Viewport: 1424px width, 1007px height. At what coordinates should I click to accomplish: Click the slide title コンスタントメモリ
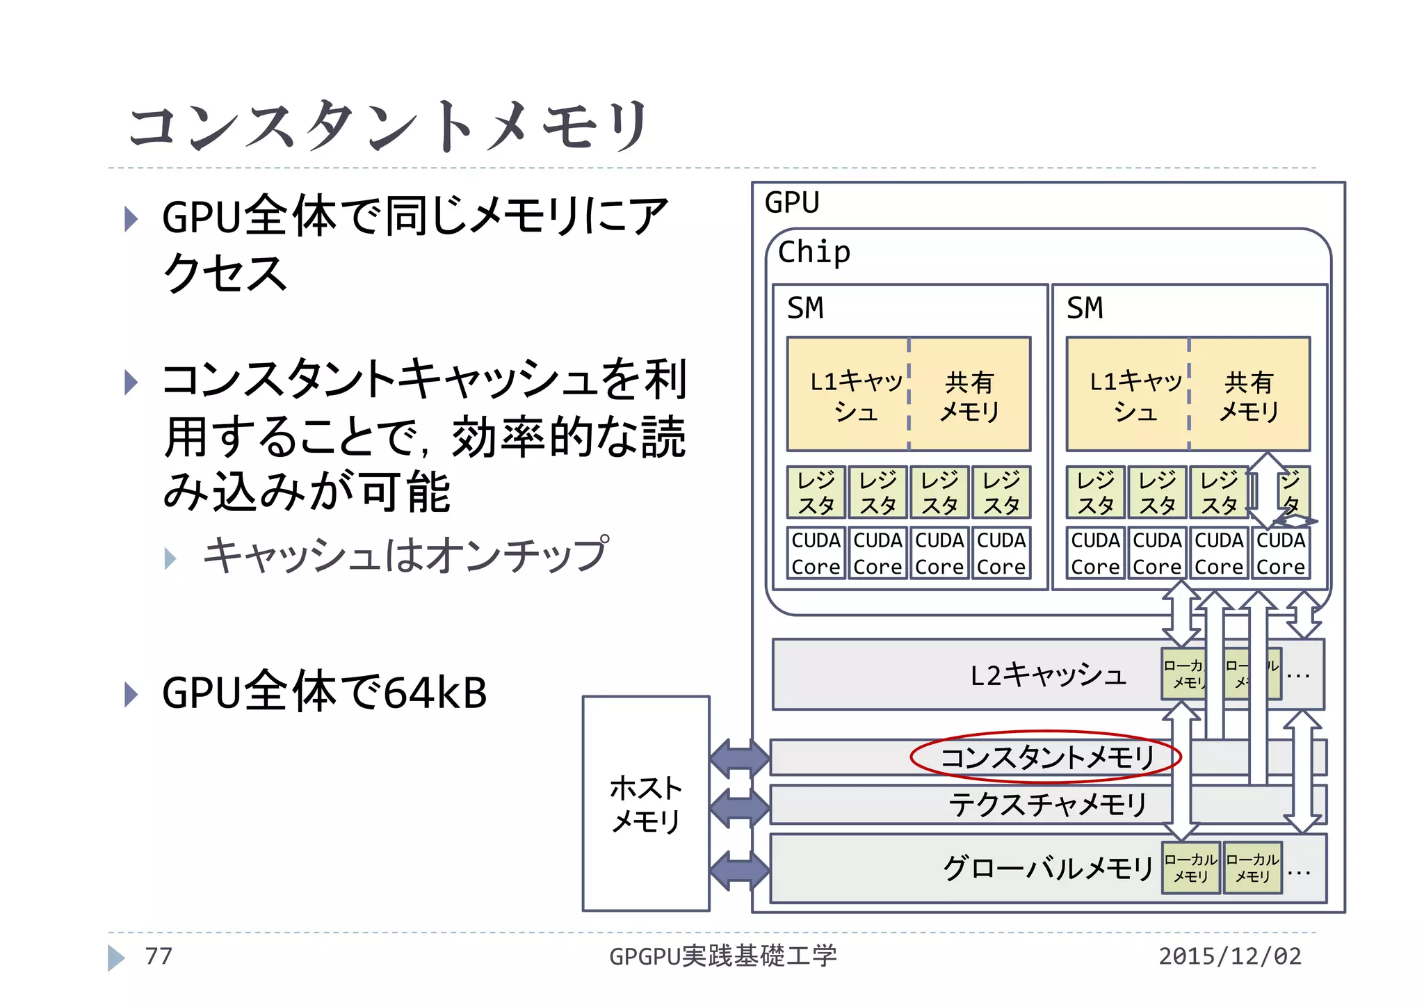click(x=389, y=125)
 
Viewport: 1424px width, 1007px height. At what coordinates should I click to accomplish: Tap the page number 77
click(x=158, y=956)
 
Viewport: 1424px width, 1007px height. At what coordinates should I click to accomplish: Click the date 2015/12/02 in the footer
click(x=1229, y=956)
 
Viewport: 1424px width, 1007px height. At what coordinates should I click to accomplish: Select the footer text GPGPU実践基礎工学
click(x=722, y=956)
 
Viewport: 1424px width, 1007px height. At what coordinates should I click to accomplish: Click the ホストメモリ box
click(x=645, y=804)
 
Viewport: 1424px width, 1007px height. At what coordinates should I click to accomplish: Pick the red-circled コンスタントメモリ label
click(x=1046, y=757)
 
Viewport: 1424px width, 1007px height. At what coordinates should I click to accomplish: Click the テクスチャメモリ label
click(x=1047, y=805)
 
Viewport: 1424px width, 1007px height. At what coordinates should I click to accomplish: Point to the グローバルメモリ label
click(x=1047, y=869)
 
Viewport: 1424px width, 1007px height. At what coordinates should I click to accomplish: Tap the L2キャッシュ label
click(x=1047, y=675)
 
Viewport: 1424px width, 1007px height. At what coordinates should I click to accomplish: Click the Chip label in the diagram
click(x=814, y=252)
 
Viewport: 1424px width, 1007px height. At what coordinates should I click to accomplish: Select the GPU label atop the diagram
click(x=791, y=203)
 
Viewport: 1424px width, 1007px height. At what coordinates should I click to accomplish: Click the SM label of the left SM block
click(x=804, y=308)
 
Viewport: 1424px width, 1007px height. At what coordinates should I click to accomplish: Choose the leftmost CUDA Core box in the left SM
click(x=816, y=554)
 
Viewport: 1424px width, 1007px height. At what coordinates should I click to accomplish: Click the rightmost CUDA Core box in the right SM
click(x=1281, y=554)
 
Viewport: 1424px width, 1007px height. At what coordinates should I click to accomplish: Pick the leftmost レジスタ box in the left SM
click(x=816, y=492)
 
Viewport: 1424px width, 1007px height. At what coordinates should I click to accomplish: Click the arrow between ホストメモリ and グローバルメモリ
click(x=740, y=870)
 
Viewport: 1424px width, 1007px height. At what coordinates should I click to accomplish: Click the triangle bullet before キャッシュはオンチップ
click(x=170, y=558)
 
